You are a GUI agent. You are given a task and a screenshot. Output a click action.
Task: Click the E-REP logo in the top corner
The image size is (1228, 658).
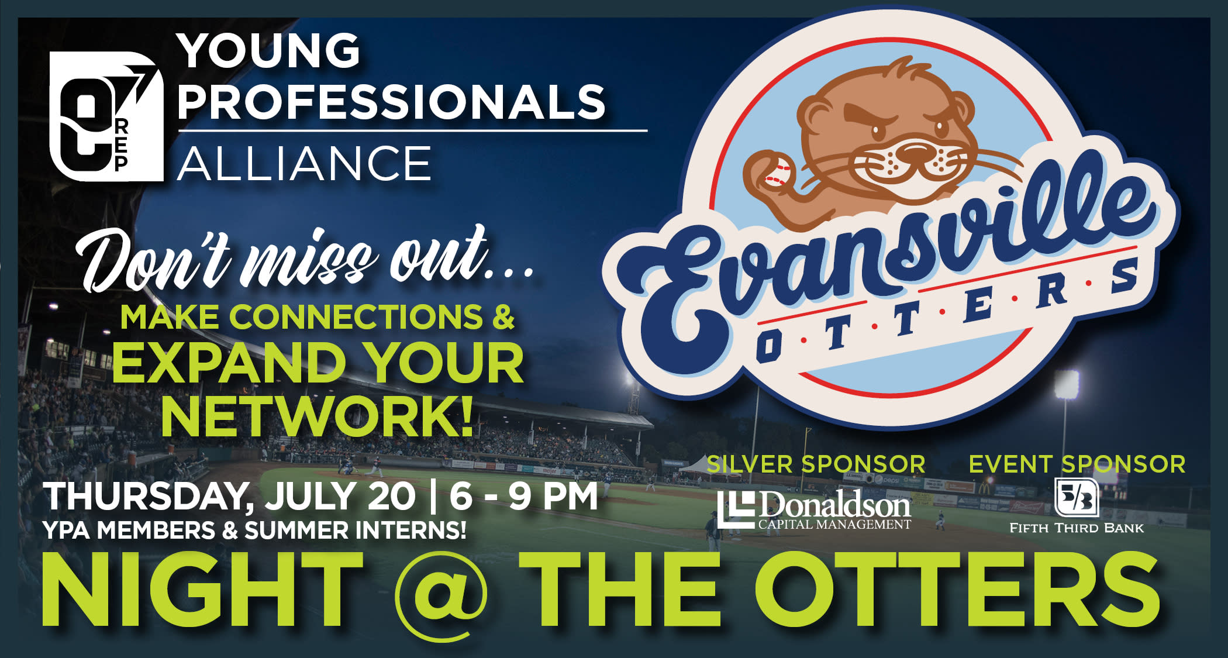[x=105, y=116]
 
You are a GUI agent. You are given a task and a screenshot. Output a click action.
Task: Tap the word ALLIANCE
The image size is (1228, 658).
[x=304, y=164]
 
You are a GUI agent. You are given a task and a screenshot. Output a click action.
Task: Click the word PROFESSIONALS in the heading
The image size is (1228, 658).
[x=391, y=101]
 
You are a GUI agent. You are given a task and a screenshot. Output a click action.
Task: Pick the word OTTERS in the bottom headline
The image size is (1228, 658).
[x=957, y=589]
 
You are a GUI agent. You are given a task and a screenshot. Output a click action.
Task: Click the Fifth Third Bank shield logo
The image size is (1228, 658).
[x=1077, y=498]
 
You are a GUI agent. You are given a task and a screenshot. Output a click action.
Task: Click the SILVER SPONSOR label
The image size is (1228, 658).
[x=816, y=464]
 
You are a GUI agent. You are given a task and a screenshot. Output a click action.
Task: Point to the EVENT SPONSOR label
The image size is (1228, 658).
[x=1077, y=464]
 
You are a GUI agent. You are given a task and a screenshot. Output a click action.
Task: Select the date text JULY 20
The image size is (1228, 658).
[x=340, y=497]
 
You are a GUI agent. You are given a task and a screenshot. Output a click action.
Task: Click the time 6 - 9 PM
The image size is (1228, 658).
[x=524, y=497]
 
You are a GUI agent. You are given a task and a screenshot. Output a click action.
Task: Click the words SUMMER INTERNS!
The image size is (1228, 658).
[x=356, y=530]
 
